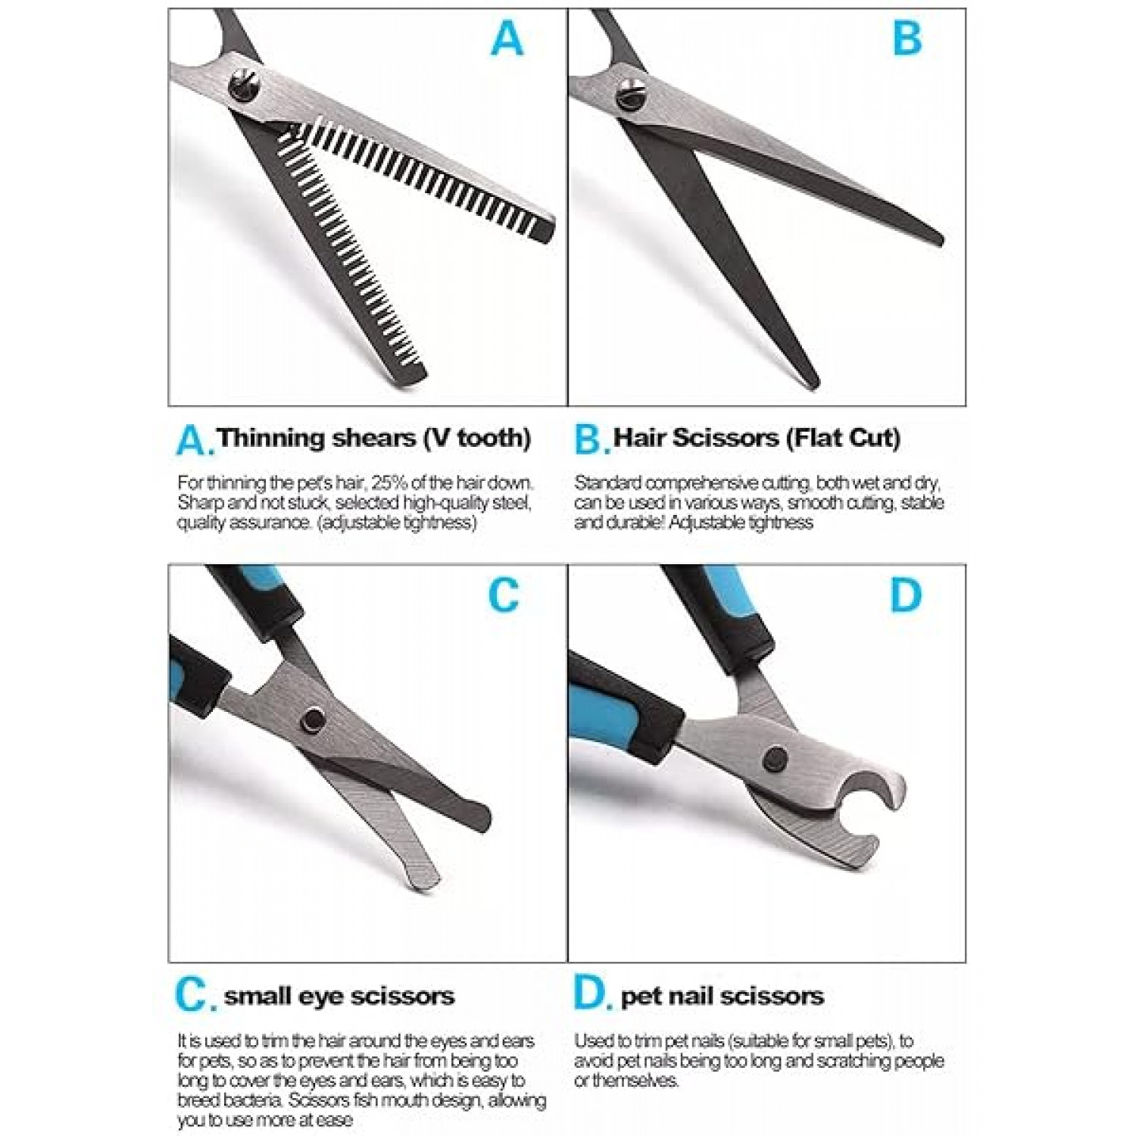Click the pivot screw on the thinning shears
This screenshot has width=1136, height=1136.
click(x=245, y=84)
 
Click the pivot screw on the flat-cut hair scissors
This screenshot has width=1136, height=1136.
click(x=632, y=96)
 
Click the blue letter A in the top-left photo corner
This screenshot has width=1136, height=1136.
click(x=507, y=39)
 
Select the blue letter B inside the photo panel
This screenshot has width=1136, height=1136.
click(x=907, y=39)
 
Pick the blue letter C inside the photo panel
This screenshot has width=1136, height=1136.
click(x=504, y=595)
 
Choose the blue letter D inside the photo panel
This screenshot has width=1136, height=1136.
click(x=906, y=595)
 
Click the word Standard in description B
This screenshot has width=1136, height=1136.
click(x=608, y=483)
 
